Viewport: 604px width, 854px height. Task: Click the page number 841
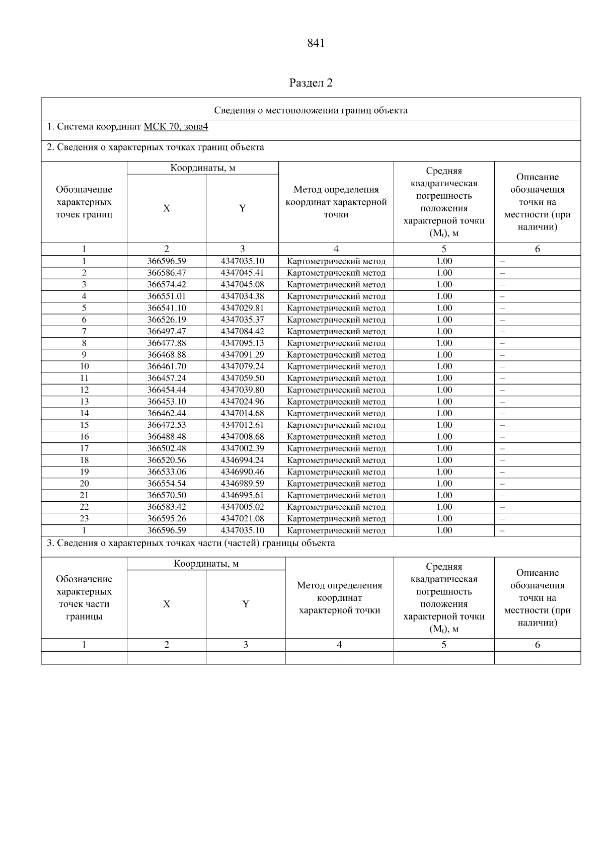pyautogui.click(x=316, y=43)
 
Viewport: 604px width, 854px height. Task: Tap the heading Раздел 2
pyautogui.click(x=311, y=83)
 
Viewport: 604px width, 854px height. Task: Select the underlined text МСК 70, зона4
pyautogui.click(x=176, y=127)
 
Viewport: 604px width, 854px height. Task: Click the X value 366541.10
pyautogui.click(x=167, y=308)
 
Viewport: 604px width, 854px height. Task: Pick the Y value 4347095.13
pyautogui.click(x=242, y=343)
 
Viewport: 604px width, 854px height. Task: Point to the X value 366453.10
pyautogui.click(x=167, y=402)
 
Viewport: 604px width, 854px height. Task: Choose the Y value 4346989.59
pyautogui.click(x=242, y=484)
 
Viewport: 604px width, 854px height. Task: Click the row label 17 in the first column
pyautogui.click(x=84, y=448)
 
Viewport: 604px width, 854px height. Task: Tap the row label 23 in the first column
pyautogui.click(x=84, y=519)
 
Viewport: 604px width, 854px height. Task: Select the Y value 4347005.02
pyautogui.click(x=242, y=507)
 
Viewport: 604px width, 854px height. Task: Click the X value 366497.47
pyautogui.click(x=167, y=332)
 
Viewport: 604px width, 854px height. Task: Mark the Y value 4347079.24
pyautogui.click(x=242, y=366)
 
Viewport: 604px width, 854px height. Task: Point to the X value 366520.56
pyautogui.click(x=167, y=460)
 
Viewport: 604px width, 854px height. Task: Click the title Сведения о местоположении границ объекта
pyautogui.click(x=311, y=111)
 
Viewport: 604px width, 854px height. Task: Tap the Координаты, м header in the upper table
pyautogui.click(x=202, y=168)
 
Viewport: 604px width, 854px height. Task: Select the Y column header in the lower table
pyautogui.click(x=246, y=604)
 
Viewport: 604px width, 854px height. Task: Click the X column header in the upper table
pyautogui.click(x=167, y=208)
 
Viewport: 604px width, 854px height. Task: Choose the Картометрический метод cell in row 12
pyautogui.click(x=336, y=390)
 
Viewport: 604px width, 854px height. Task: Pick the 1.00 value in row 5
pyautogui.click(x=444, y=308)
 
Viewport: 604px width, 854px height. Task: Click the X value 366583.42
pyautogui.click(x=167, y=507)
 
